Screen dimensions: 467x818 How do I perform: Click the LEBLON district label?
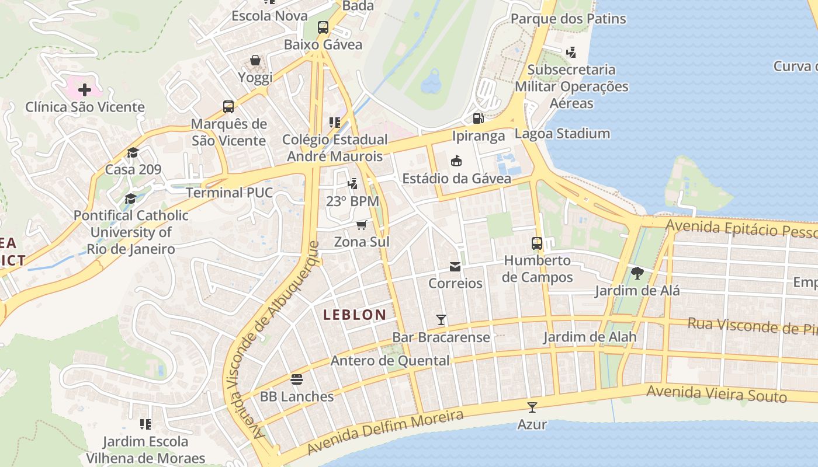[355, 315]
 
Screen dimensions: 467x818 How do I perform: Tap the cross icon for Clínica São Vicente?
[85, 90]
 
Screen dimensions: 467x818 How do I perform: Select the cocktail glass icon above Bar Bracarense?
[441, 320]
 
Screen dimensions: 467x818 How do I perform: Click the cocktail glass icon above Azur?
[532, 407]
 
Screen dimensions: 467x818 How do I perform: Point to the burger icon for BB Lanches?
[297, 379]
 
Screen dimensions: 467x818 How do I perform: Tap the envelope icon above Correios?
[455, 267]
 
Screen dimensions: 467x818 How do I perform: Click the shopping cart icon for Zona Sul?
[362, 225]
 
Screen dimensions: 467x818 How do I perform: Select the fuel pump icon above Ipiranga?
[478, 119]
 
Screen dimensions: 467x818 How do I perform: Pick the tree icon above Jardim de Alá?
[637, 273]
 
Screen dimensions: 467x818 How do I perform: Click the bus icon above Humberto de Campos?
[536, 243]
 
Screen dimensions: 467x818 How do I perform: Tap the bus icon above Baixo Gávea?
[323, 27]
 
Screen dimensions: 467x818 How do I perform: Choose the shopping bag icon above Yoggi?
[255, 60]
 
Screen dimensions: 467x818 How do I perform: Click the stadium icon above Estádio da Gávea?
[456, 161]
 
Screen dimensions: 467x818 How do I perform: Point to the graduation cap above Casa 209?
[133, 153]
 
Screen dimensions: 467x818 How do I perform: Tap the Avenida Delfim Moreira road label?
[385, 432]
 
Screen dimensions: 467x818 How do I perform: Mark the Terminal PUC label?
[229, 193]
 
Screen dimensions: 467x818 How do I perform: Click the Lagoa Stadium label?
[563, 134]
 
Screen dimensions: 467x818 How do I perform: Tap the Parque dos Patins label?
[568, 19]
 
